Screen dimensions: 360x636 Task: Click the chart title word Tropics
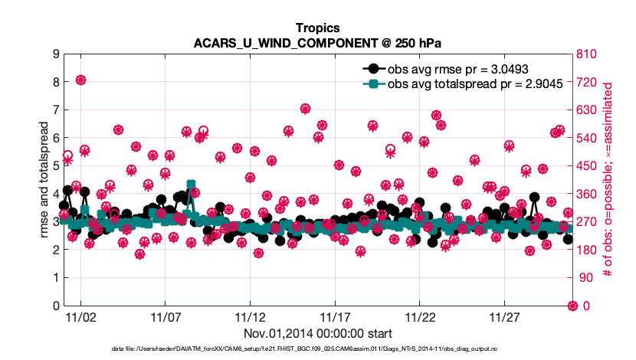point(317,28)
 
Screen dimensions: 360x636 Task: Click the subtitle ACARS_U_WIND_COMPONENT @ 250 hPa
point(317,43)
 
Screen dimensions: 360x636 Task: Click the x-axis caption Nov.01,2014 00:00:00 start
point(317,334)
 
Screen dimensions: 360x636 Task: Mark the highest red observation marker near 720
point(80,80)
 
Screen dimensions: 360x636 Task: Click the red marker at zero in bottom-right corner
point(572,306)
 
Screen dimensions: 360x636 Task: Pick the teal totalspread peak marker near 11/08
point(191,185)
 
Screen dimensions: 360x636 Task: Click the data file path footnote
point(317,350)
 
